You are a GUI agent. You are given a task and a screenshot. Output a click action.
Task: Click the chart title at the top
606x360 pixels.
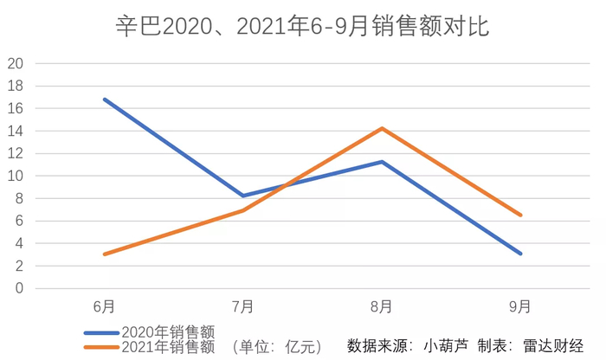point(303,26)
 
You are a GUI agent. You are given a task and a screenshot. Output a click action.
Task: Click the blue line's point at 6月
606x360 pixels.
point(105,100)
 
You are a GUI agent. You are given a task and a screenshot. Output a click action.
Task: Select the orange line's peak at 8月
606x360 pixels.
point(382,128)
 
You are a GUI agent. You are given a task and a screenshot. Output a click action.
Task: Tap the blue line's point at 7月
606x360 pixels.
point(243,196)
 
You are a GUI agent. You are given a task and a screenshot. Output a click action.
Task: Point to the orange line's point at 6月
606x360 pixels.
point(105,254)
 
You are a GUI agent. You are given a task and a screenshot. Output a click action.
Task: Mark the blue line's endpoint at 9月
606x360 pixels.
point(520,254)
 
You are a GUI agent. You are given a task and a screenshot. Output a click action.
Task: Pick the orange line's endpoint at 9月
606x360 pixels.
point(520,215)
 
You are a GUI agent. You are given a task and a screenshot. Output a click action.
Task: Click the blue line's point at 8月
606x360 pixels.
point(382,162)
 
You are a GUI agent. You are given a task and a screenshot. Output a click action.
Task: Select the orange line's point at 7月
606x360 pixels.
point(243,210)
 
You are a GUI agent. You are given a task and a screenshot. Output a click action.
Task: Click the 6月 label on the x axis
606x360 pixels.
point(105,306)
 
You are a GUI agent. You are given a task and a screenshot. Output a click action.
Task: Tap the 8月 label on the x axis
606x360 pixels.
point(382,306)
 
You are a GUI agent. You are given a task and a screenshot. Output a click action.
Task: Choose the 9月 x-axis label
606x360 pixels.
point(520,306)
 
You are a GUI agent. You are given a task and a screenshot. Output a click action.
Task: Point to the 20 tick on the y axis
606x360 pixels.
point(16,63)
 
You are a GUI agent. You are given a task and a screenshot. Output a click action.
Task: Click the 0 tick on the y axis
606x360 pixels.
point(19,288)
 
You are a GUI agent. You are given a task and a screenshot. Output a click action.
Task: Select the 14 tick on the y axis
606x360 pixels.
point(16,131)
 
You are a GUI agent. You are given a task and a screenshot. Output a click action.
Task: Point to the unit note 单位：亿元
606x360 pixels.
point(278,347)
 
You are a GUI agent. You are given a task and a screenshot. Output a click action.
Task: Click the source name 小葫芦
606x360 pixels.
point(446,346)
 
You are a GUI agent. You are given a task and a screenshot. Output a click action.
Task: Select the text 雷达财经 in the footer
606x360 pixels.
point(553,346)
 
